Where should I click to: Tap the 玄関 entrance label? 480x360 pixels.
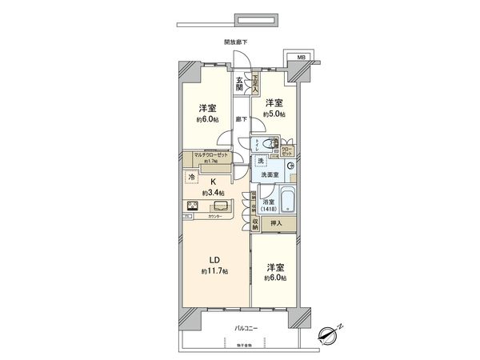pyautogui.click(x=239, y=84)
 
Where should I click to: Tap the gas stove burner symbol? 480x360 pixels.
pyautogui.click(x=194, y=206)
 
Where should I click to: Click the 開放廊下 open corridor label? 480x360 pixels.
pyautogui.click(x=235, y=41)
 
